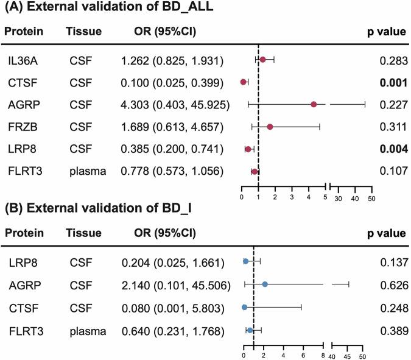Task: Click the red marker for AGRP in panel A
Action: pyautogui.click(x=314, y=105)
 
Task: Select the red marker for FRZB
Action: pyautogui.click(x=270, y=127)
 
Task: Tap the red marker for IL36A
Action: pyautogui.click(x=263, y=60)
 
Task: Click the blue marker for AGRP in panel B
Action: pyautogui.click(x=265, y=284)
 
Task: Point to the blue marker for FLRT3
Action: pyautogui.click(x=250, y=330)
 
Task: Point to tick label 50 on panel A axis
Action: pyautogui.click(x=371, y=199)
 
